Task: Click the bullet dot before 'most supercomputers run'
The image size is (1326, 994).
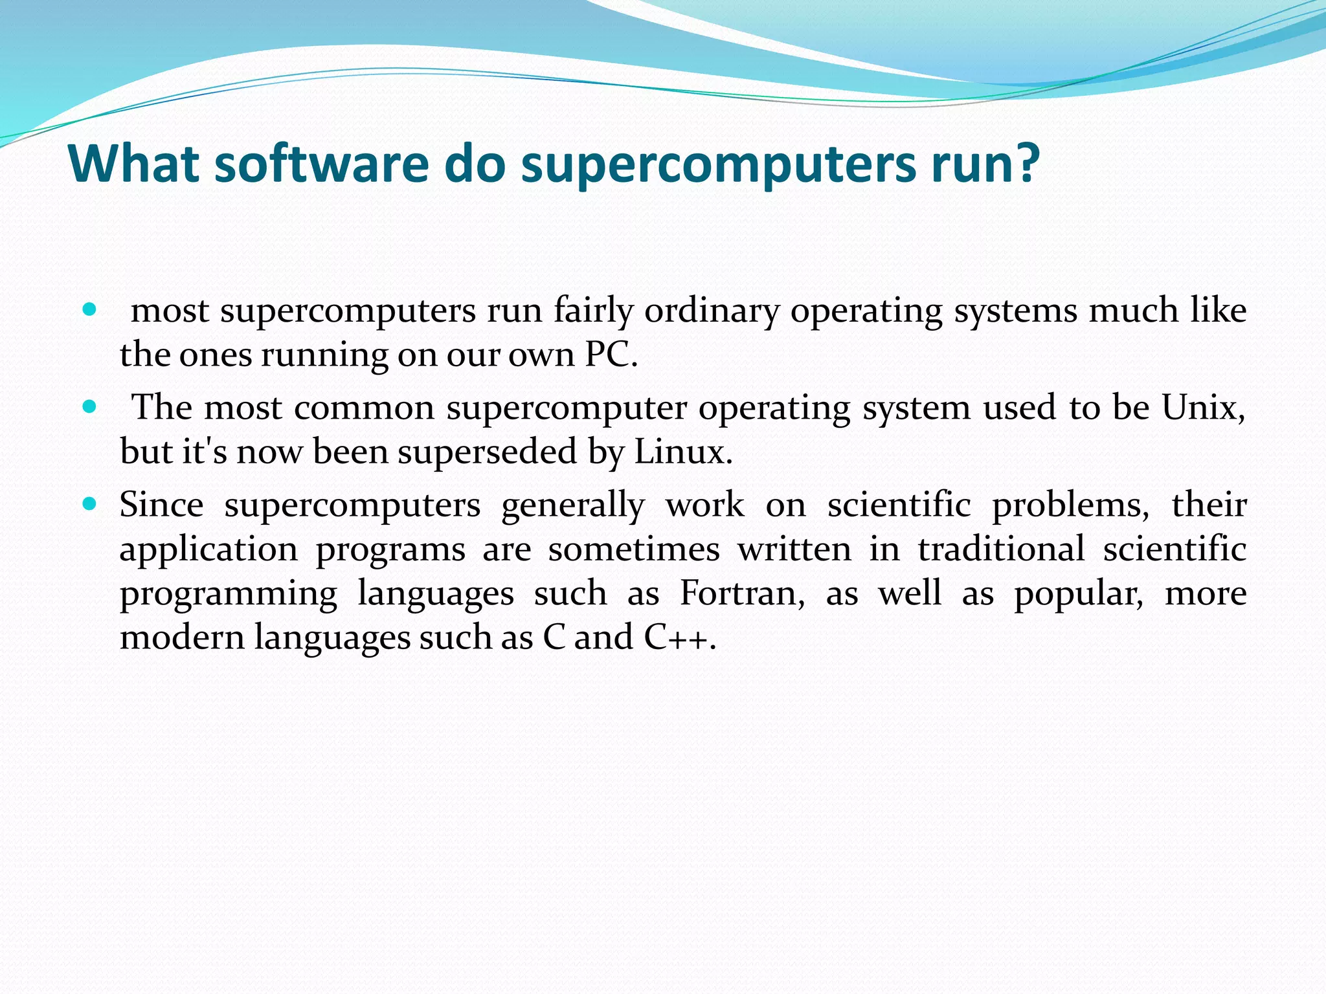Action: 90,309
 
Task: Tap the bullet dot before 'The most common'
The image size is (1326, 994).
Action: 90,407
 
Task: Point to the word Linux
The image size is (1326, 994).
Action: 682,452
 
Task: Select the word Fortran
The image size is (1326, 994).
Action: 742,593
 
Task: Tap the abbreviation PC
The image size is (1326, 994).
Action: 611,355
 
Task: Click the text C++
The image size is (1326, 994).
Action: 679,637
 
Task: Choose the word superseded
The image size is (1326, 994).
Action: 487,452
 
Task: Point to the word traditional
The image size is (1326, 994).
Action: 1001,549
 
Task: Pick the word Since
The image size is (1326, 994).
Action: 161,504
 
